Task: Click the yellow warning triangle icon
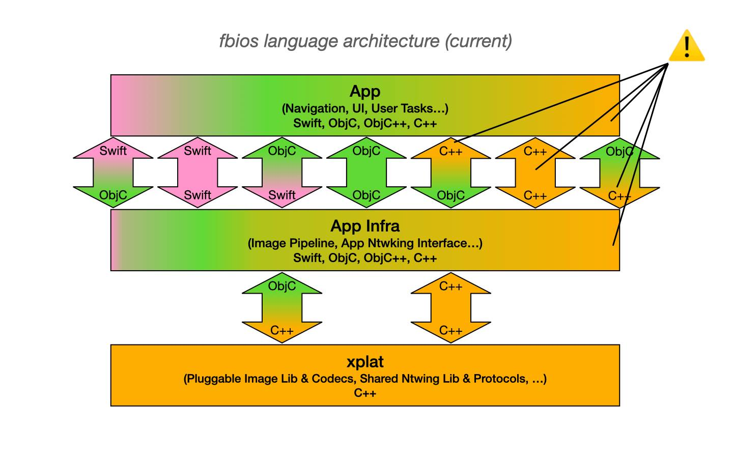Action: (x=687, y=47)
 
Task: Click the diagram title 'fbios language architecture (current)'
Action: (x=365, y=41)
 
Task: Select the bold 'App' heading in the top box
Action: (x=365, y=92)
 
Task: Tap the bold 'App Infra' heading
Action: (x=365, y=226)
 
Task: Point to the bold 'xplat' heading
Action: (x=365, y=362)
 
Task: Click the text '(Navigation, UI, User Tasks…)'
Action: (x=365, y=108)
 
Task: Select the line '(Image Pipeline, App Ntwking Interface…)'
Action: (x=365, y=243)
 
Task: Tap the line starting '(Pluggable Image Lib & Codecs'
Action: (x=365, y=379)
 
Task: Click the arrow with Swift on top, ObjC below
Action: (x=113, y=173)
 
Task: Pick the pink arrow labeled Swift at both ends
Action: (x=198, y=173)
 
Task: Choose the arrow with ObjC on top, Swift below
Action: (x=282, y=173)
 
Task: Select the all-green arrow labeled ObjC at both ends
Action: (x=366, y=173)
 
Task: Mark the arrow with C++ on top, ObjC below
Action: (x=451, y=173)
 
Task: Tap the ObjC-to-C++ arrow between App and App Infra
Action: (x=619, y=173)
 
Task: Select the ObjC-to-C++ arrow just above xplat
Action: (x=282, y=308)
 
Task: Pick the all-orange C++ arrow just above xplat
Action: (x=451, y=308)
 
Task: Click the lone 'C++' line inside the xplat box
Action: (x=365, y=393)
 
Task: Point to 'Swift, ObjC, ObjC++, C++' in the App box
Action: (x=365, y=123)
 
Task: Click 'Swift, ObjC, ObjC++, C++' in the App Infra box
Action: (x=365, y=258)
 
